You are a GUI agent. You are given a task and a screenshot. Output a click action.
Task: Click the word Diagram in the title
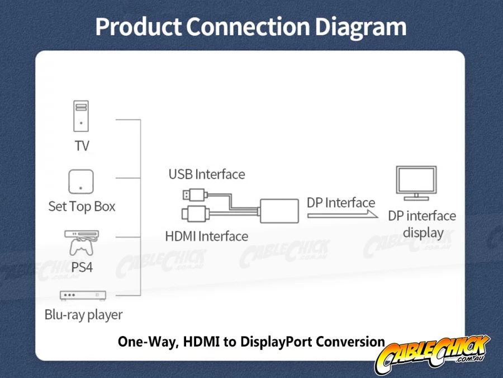[x=360, y=27]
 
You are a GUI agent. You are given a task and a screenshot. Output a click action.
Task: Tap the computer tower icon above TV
[x=81, y=116]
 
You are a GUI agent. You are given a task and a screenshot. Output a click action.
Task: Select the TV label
[x=82, y=146]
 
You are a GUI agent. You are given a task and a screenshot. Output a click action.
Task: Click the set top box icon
[x=81, y=181]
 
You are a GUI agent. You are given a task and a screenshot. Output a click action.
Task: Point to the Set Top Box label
[x=82, y=207]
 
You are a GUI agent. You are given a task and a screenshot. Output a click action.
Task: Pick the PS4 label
[x=82, y=267]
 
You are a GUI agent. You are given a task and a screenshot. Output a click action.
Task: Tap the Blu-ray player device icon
[x=83, y=295]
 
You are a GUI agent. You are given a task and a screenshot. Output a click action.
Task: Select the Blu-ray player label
[x=83, y=315]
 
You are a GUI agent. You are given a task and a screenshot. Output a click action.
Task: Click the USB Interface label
[x=207, y=174]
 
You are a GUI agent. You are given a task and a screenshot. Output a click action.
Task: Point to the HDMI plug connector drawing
[x=196, y=214]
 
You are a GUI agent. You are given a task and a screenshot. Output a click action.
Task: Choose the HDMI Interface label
[x=207, y=236]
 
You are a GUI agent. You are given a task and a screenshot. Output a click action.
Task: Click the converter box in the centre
[x=279, y=211]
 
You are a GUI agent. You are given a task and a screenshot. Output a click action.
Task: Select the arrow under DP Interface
[x=342, y=214]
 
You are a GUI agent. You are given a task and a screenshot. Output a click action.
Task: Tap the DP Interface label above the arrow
[x=341, y=203]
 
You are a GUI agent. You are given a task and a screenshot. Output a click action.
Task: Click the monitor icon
[x=416, y=183]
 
